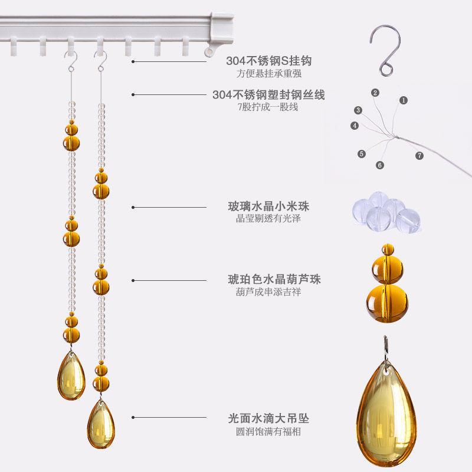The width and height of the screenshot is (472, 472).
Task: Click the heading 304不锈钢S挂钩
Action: click(x=268, y=61)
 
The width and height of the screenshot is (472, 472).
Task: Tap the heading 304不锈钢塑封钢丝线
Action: click(x=268, y=95)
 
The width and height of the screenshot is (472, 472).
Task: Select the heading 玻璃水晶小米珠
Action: click(x=268, y=207)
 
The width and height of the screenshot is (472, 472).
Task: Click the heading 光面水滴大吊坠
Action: click(x=268, y=418)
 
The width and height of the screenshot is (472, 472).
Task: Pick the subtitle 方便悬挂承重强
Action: click(x=268, y=74)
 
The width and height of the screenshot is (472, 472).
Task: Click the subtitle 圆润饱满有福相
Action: click(x=268, y=431)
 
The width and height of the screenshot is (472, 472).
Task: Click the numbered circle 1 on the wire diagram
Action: click(x=404, y=100)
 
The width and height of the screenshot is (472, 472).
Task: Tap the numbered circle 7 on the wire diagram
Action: click(x=419, y=156)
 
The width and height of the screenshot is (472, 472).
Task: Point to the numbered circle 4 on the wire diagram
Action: click(x=355, y=125)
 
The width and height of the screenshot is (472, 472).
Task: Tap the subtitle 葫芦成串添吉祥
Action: click(x=268, y=292)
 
